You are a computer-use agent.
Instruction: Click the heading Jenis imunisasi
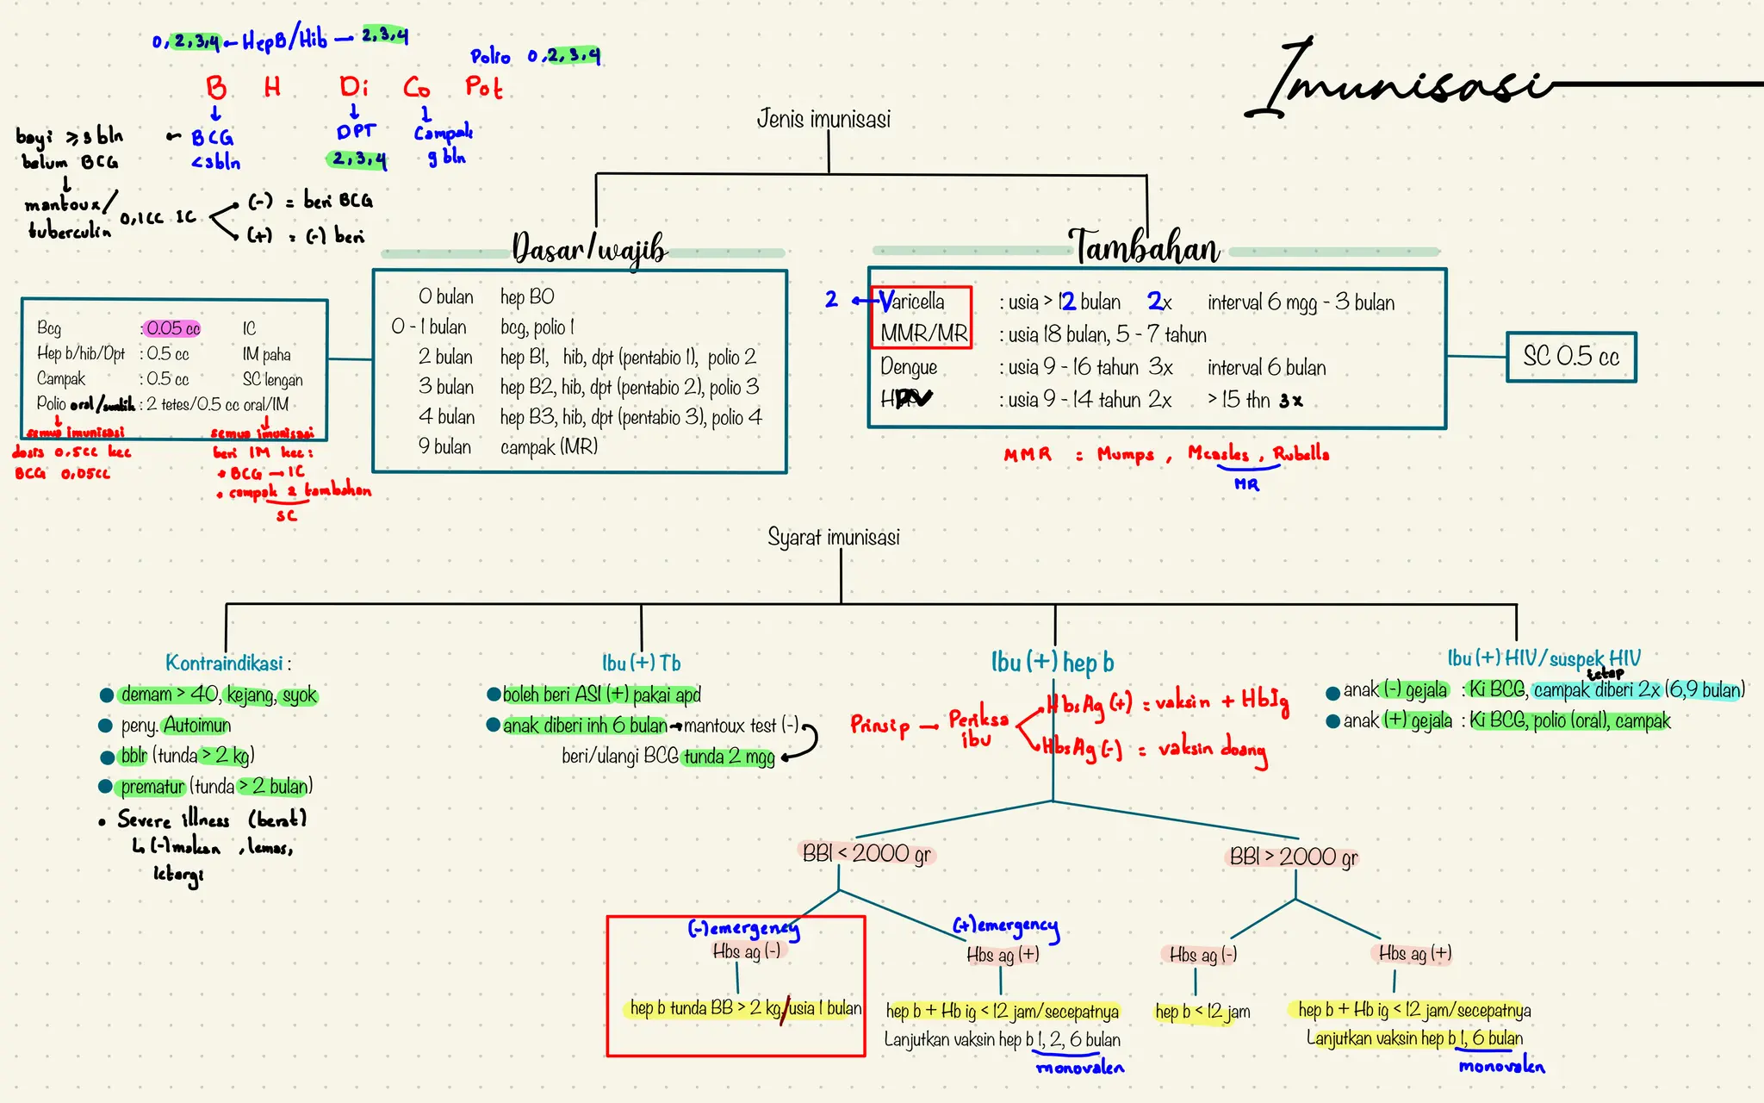pyautogui.click(x=823, y=119)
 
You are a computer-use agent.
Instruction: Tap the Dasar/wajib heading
pyautogui.click(x=589, y=248)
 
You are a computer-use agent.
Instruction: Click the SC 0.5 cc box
pyautogui.click(x=1570, y=357)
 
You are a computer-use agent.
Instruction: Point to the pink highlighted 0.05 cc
pyautogui.click(x=172, y=328)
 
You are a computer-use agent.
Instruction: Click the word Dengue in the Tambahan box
pyautogui.click(x=908, y=367)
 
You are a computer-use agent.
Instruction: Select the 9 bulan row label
pyautogui.click(x=444, y=447)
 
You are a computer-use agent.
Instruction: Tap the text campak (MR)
pyautogui.click(x=549, y=447)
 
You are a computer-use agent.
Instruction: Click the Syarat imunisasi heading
pyautogui.click(x=833, y=538)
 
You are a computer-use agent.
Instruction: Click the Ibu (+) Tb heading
pyautogui.click(x=641, y=663)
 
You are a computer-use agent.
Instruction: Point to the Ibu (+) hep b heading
pyautogui.click(x=1052, y=662)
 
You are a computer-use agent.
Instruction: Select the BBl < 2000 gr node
pyautogui.click(x=866, y=854)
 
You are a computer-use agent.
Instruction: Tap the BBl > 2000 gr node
pyautogui.click(x=1293, y=857)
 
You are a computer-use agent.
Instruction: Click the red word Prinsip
pyautogui.click(x=879, y=726)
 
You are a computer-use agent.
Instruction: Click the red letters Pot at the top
pyautogui.click(x=483, y=87)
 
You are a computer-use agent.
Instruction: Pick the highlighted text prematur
pyautogui.click(x=152, y=787)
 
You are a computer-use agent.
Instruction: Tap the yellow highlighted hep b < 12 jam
pyautogui.click(x=1202, y=1012)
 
